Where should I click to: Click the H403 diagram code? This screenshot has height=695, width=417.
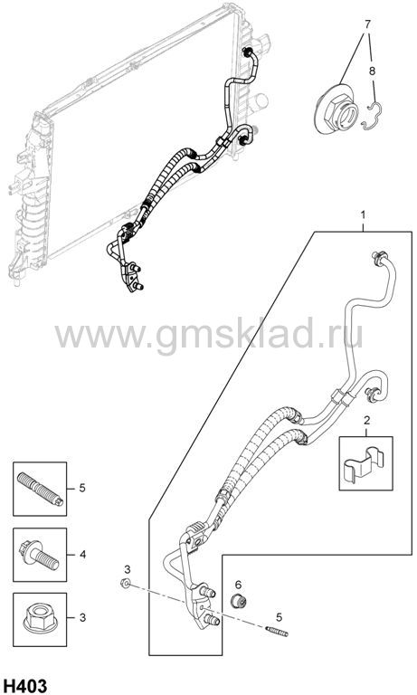point(24,686)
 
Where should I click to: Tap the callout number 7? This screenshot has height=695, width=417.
point(367,24)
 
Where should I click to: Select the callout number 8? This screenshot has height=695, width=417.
point(373,71)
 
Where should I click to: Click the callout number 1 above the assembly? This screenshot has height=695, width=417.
point(363,215)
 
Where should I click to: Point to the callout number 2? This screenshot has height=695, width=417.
point(367,420)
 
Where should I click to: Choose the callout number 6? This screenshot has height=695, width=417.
point(238,585)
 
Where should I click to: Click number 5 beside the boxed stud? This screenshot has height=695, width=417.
point(82,488)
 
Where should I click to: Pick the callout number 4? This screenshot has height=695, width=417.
point(82,554)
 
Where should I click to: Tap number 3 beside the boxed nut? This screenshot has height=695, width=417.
point(82,617)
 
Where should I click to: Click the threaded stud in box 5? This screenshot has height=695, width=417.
point(40,489)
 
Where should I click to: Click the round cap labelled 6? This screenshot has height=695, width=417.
point(240,601)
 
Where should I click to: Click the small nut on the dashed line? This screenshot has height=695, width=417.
point(126,583)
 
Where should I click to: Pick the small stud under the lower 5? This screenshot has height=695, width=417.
point(277,631)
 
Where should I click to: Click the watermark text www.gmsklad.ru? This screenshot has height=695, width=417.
point(208,334)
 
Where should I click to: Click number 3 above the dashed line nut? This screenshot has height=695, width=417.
point(127,568)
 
